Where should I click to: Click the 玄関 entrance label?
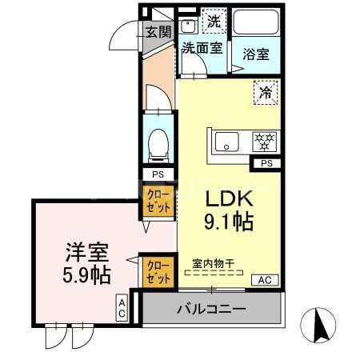(158, 32)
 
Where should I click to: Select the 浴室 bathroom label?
(255, 54)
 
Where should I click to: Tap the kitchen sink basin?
(229, 144)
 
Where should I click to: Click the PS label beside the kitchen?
(266, 164)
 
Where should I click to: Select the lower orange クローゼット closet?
(158, 270)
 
